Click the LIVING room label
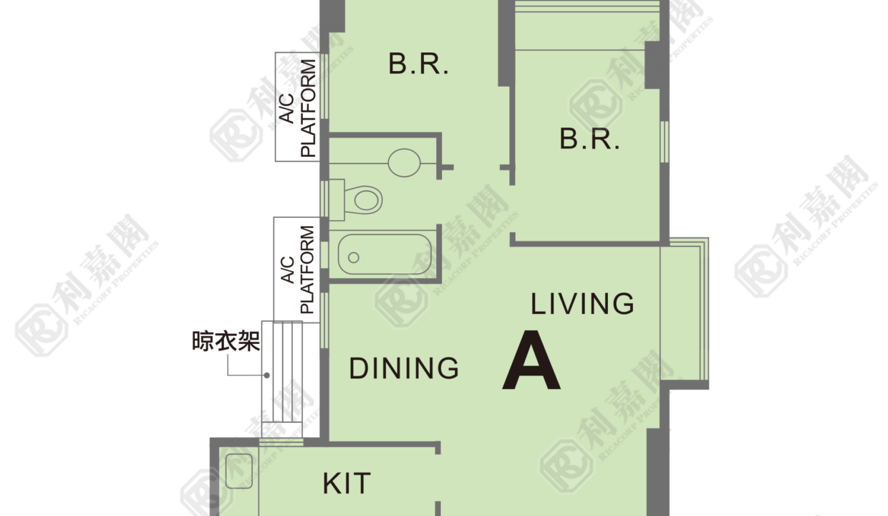[582, 304]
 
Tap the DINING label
[404, 368]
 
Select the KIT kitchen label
[347, 484]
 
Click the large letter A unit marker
[531, 360]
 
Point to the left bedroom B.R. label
[419, 64]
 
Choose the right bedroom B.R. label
[589, 139]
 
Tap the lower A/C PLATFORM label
[297, 269]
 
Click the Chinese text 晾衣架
[226, 341]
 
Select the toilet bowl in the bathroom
[363, 200]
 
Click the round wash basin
[404, 163]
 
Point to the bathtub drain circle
[354, 258]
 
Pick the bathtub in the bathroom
[385, 254]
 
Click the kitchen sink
[238, 471]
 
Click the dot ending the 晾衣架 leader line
[267, 376]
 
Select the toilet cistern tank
[337, 200]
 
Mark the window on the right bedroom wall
[665, 142]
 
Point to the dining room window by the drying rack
[324, 320]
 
